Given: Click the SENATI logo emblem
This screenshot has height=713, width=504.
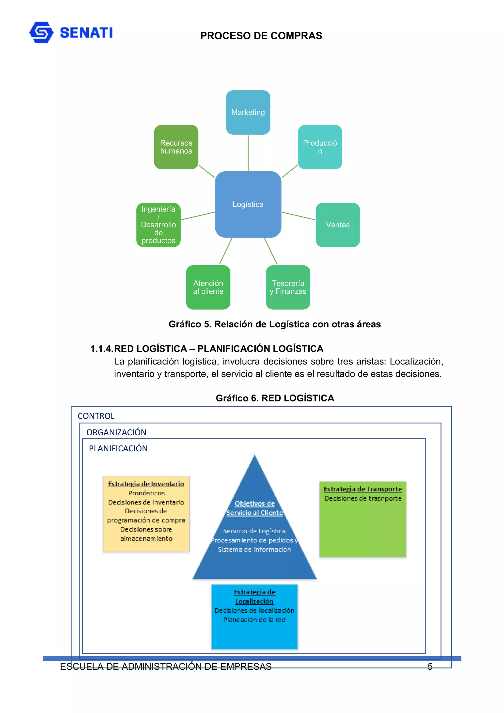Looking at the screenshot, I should [41, 32].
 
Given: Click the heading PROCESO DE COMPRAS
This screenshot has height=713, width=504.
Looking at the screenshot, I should [261, 36].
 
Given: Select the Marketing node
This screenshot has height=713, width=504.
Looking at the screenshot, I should [248, 112].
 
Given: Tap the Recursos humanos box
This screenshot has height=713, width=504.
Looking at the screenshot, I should [176, 147].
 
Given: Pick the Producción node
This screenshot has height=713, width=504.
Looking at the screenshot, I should [320, 147].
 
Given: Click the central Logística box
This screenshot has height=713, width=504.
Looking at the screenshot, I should [248, 204].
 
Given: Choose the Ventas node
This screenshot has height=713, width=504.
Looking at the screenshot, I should [338, 225].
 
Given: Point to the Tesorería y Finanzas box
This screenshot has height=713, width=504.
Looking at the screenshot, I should [288, 287].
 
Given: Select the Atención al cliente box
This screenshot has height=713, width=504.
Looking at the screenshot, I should [208, 287].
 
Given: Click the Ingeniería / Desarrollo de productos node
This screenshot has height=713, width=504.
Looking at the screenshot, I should [158, 225].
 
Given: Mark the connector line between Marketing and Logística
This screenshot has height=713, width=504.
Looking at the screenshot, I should [248, 153].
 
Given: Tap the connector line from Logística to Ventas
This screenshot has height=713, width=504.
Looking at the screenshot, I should [298, 216].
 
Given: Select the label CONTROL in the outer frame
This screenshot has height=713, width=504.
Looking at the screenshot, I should [96, 416].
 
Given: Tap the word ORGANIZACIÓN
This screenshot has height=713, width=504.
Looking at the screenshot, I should [116, 432].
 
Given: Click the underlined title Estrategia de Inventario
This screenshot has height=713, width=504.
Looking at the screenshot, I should [146, 484].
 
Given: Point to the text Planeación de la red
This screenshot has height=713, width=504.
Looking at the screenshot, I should [254, 619].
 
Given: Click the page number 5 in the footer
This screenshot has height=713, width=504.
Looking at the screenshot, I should [430, 667].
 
